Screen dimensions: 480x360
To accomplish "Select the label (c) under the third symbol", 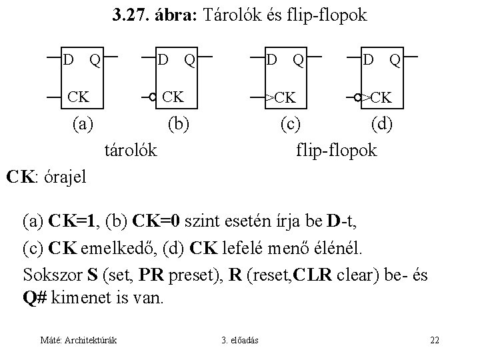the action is coord(289,123).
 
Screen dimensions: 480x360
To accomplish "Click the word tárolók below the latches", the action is coord(131,151).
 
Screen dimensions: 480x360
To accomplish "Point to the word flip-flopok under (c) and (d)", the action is coord(337,151).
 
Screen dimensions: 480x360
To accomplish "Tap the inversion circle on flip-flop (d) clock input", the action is coord(358,98).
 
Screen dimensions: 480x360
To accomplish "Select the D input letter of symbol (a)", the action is coord(68,61).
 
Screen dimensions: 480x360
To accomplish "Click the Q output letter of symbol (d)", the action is coord(395,61).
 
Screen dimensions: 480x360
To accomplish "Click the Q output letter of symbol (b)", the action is coord(190,61).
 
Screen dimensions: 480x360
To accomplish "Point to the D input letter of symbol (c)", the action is coord(271,61).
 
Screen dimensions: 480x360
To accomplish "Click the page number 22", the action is coord(434,341).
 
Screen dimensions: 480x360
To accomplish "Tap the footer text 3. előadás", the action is coord(241,341).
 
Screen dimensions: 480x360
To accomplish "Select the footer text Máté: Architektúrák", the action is coord(79,341).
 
